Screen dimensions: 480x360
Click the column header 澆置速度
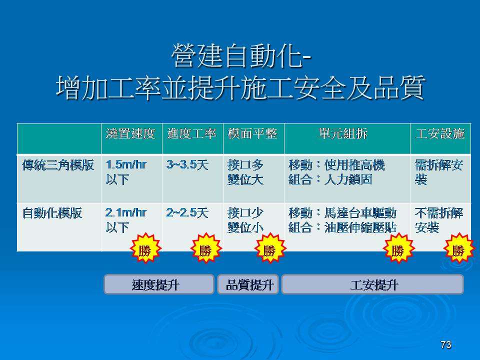click(x=130, y=134)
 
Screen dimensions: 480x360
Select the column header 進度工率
click(x=191, y=134)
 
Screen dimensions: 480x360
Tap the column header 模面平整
click(x=252, y=134)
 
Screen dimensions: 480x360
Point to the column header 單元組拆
click(x=343, y=134)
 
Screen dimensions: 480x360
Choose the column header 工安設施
click(x=440, y=134)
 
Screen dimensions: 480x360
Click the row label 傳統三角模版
click(x=58, y=165)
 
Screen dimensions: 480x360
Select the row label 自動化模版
click(x=52, y=213)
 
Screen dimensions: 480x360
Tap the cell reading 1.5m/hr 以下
click(x=126, y=172)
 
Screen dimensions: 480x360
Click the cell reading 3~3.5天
click(x=187, y=165)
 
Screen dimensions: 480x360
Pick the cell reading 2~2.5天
click(x=187, y=213)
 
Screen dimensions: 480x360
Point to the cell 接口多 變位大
click(x=245, y=172)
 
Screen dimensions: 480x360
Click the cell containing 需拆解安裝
click(x=439, y=172)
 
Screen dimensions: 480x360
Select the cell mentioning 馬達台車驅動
click(x=342, y=220)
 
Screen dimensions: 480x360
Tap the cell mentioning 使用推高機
click(x=336, y=172)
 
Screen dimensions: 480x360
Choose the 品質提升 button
click(x=248, y=284)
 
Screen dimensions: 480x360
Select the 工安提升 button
click(x=372, y=284)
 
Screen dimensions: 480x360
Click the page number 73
click(x=446, y=344)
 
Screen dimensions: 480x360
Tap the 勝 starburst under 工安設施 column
click(x=459, y=248)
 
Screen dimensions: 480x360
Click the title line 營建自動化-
click(x=241, y=55)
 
